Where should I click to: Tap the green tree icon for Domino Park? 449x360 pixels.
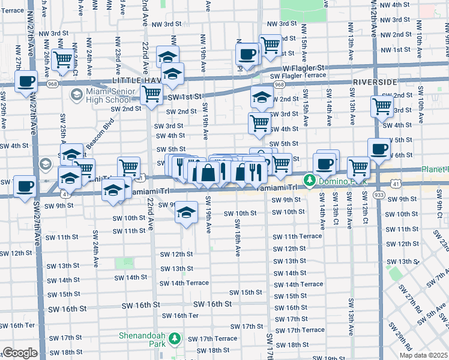(310, 179)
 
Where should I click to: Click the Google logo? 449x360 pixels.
(20, 353)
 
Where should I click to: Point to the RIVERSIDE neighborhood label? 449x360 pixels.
(375, 81)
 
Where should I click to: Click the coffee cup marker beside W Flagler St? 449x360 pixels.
(246, 55)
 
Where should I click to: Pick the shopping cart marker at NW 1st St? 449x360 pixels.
(270, 44)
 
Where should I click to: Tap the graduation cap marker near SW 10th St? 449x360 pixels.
(187, 212)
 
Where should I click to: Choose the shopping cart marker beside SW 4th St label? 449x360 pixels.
(259, 123)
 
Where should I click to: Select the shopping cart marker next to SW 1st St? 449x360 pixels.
(152, 94)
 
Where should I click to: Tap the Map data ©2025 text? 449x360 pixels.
(424, 355)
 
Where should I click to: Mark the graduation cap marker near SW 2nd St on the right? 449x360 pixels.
(262, 98)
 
